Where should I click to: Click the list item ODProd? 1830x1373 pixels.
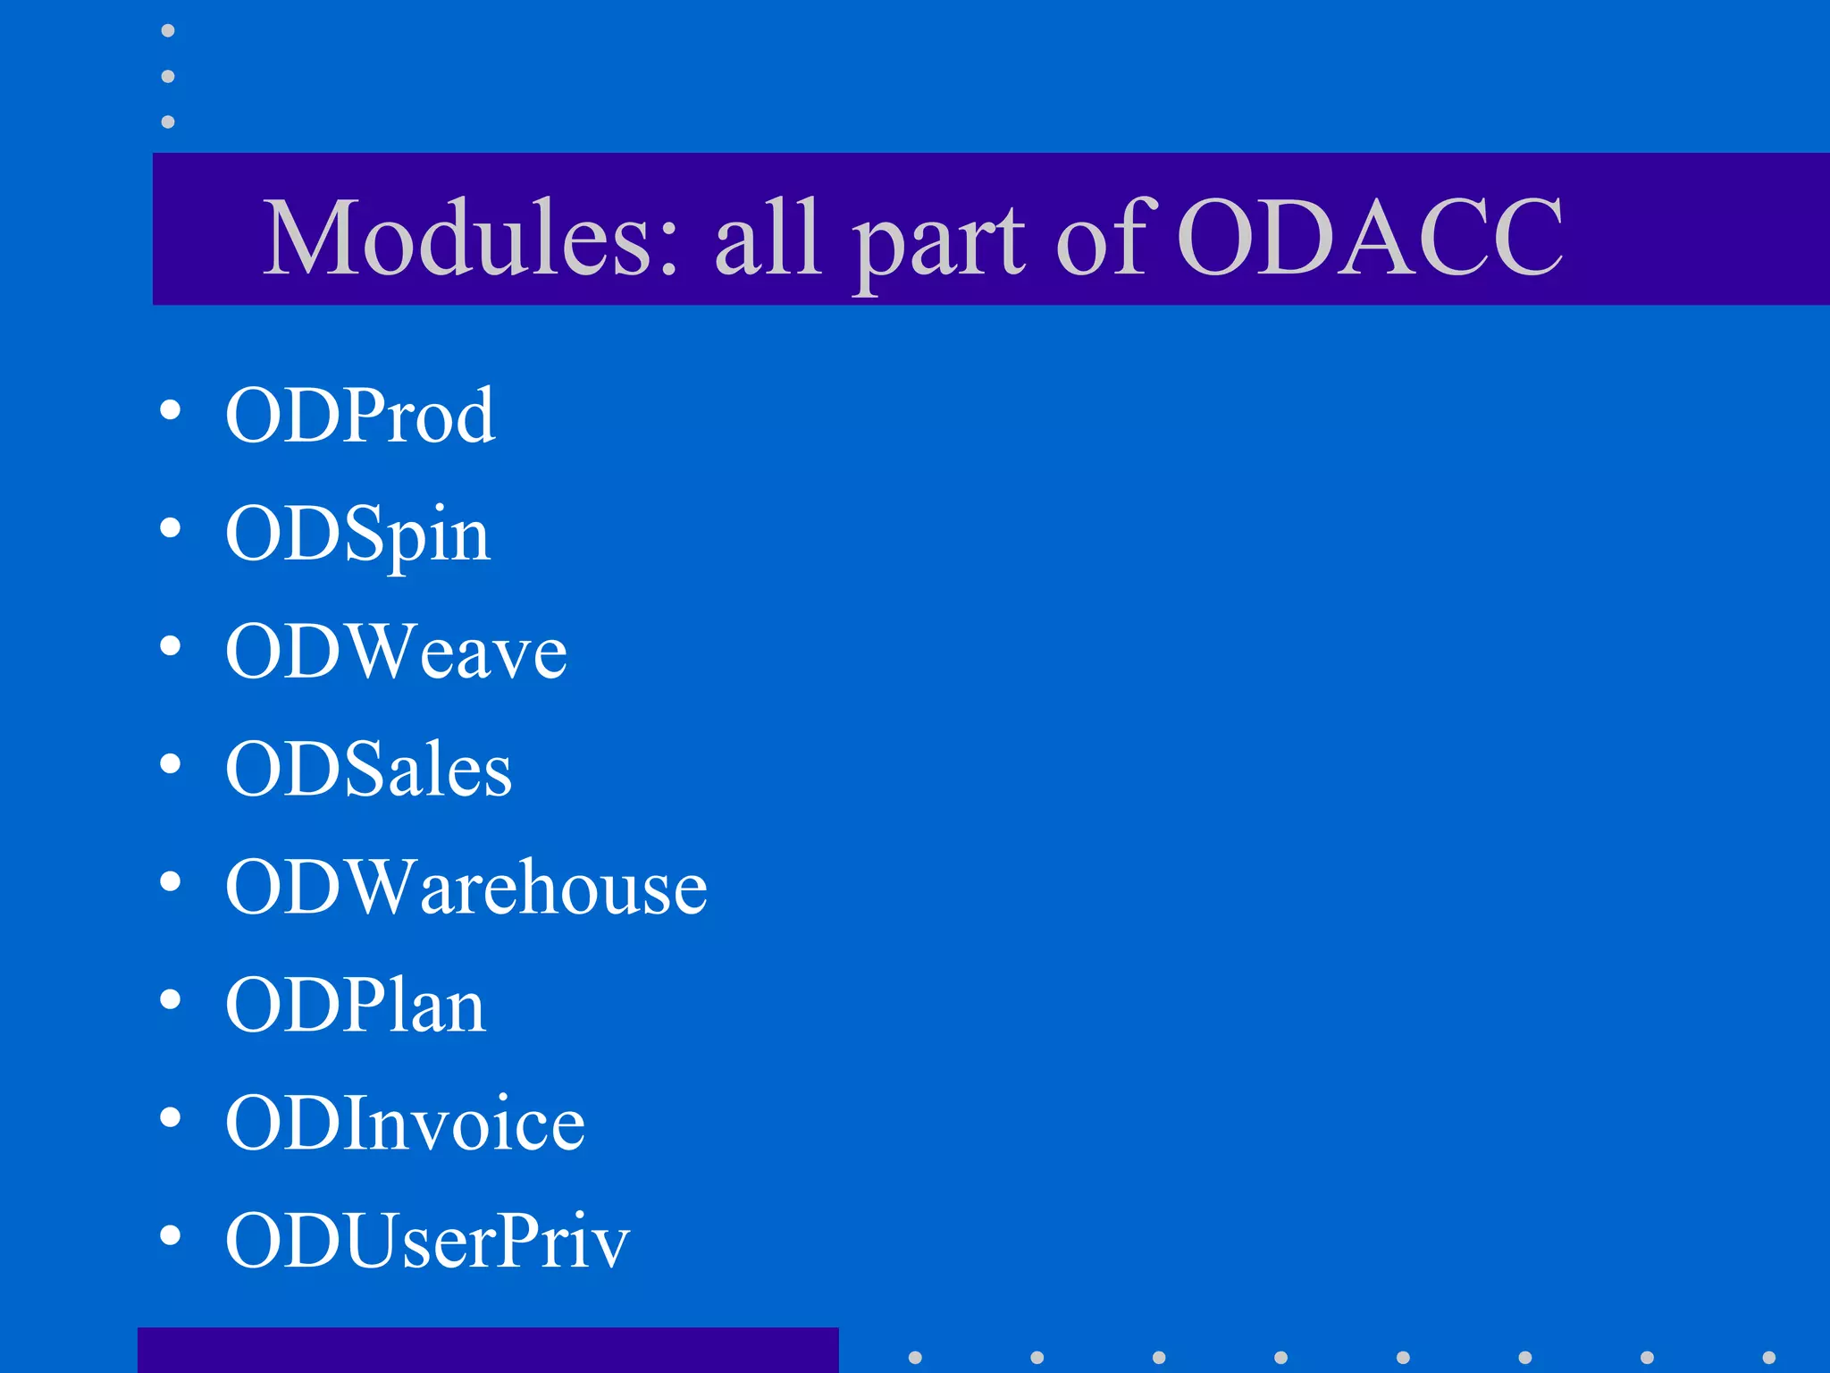click(x=360, y=416)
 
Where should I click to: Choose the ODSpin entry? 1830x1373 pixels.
click(x=357, y=534)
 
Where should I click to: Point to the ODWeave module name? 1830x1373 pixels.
click(x=396, y=652)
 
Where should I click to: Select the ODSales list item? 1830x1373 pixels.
click(x=368, y=770)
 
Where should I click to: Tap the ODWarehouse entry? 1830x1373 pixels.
click(x=466, y=888)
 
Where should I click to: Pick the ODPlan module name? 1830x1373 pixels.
click(x=355, y=1006)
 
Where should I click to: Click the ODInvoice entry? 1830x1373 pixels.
click(x=405, y=1124)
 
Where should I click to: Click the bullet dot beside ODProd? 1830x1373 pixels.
click(x=170, y=410)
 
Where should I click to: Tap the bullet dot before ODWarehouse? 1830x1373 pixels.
click(x=170, y=882)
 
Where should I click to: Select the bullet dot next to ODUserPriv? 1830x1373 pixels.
click(x=170, y=1235)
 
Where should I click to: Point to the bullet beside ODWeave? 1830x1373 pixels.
click(x=170, y=646)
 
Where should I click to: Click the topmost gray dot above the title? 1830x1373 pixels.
click(x=168, y=31)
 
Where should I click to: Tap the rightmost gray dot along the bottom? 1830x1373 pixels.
click(x=1768, y=1357)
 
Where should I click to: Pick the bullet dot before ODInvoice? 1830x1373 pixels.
click(x=170, y=1117)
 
